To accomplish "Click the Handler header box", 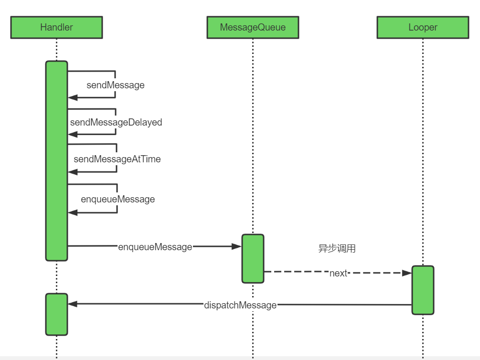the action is point(57,27).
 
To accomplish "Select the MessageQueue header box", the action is point(253,27).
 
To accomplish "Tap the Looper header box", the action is point(423,27).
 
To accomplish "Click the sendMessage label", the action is point(116,85).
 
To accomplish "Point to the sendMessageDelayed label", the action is point(116,122).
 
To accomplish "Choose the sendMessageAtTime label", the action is point(117,159).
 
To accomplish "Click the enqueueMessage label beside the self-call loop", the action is point(118,199).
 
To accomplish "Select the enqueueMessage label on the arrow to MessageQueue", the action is point(155,247).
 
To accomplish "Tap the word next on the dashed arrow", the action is point(339,273).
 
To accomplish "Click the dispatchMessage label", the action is point(240,305).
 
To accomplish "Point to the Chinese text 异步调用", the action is point(337,248).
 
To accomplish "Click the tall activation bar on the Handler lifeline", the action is point(57,161).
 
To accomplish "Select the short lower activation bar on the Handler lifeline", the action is point(57,314).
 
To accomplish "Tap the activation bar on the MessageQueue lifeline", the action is point(253,259).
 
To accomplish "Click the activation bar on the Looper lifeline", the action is point(423,290).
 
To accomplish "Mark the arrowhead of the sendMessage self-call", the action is point(73,98).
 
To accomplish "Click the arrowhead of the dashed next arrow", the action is point(407,273).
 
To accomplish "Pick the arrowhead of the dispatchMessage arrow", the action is point(73,304).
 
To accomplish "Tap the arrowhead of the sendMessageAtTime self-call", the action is point(73,172).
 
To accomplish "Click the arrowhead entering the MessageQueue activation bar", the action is point(236,246).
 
